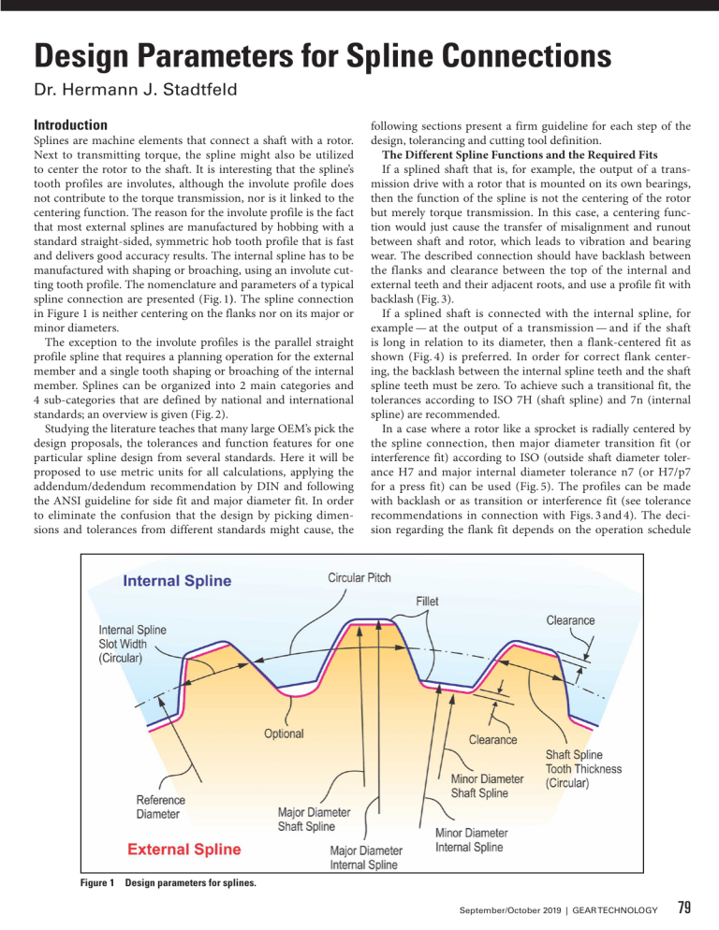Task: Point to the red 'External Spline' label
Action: click(x=183, y=850)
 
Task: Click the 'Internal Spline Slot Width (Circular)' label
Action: click(x=133, y=644)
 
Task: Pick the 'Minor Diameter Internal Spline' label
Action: click(x=472, y=839)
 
